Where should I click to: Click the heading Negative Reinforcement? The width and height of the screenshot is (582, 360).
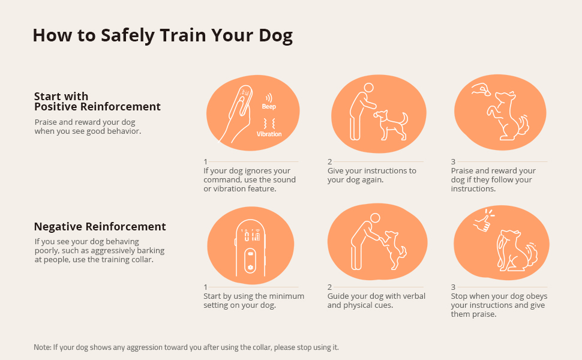pyautogui.click(x=100, y=227)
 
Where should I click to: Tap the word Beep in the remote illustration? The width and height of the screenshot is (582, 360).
pyautogui.click(x=269, y=106)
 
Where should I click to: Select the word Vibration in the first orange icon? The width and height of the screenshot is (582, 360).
pyautogui.click(x=269, y=134)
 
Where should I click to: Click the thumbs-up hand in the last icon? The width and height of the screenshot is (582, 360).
pyautogui.click(x=481, y=223)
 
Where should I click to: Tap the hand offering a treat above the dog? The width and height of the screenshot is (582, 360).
pyautogui.click(x=481, y=91)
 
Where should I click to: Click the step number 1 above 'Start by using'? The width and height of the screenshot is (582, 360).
pyautogui.click(x=206, y=287)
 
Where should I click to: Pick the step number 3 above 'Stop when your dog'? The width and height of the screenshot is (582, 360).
pyautogui.click(x=453, y=287)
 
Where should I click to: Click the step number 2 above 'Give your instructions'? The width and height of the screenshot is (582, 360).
pyautogui.click(x=329, y=161)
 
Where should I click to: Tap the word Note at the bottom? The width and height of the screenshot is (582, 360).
pyautogui.click(x=42, y=347)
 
